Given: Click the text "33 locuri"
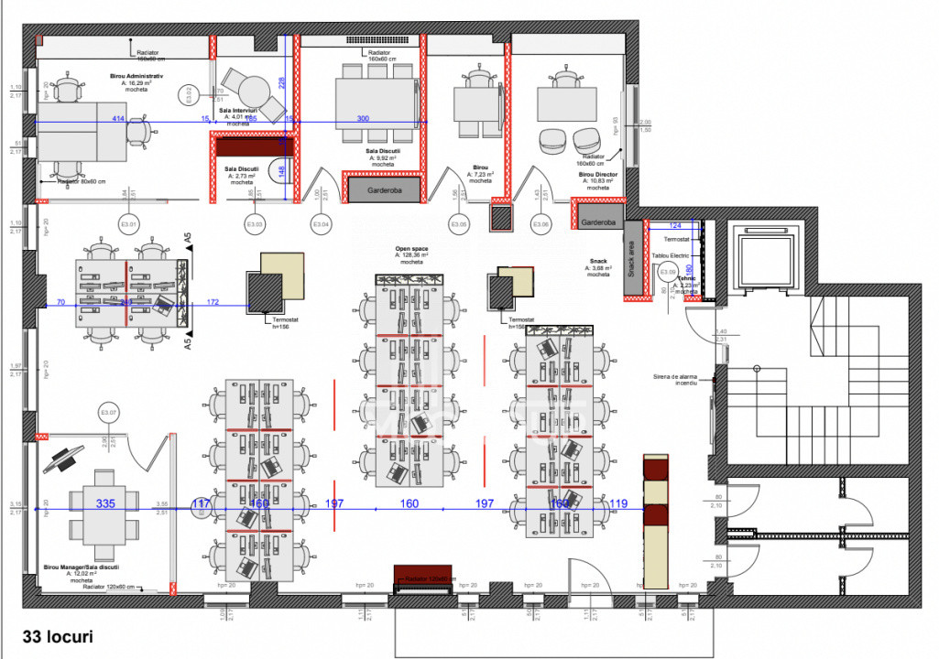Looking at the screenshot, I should tap(58, 634).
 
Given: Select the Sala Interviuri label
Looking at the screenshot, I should tap(238, 111).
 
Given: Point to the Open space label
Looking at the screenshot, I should tap(411, 248).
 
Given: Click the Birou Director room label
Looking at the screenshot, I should tap(597, 174).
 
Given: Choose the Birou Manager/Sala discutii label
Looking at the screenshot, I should tap(81, 567).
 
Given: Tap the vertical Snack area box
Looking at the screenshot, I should tap(630, 259).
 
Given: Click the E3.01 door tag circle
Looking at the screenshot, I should tap(128, 224).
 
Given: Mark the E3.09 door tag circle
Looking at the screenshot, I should tap(667, 272).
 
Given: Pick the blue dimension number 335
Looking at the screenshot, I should tap(105, 503).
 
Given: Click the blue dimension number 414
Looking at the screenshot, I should tap(117, 120).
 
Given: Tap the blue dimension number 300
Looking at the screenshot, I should tap(363, 120).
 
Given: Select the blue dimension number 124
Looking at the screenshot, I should tap(676, 224).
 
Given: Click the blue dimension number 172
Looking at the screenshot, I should tap(213, 301).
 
